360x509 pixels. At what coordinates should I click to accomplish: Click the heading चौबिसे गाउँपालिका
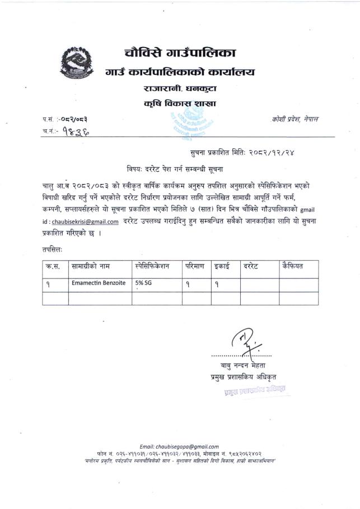[180, 54]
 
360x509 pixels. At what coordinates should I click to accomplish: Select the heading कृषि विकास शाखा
[179, 103]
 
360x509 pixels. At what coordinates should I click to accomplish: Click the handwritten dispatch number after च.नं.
[75, 132]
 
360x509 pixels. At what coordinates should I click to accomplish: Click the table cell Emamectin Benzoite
[98, 284]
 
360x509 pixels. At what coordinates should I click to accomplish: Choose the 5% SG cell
[143, 284]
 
